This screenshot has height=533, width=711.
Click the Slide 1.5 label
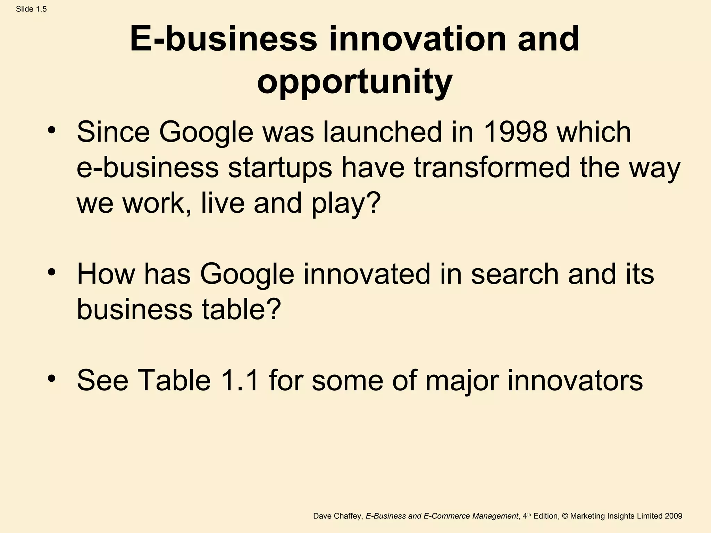[x=31, y=9]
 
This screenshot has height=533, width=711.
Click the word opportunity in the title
[x=354, y=82]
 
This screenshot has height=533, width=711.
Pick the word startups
[x=280, y=168]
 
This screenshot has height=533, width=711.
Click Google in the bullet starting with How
[x=247, y=274]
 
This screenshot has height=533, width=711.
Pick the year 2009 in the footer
[x=674, y=516]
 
